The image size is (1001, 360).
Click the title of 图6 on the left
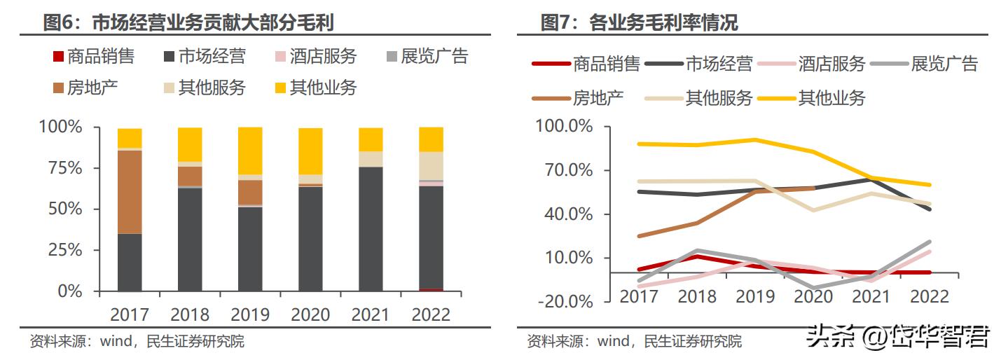[x=188, y=22]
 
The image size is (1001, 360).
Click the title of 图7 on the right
[x=639, y=22]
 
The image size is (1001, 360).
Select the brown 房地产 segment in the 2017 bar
[x=130, y=191]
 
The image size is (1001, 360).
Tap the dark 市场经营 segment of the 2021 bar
[x=371, y=228]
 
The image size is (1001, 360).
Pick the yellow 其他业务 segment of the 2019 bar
[x=250, y=151]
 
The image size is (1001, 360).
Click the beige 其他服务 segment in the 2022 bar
[x=431, y=165]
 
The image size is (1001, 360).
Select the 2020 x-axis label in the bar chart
[x=310, y=313]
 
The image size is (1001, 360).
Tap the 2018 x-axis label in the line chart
[x=697, y=296]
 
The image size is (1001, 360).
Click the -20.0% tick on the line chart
[x=564, y=301]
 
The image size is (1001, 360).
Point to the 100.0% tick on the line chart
[x=564, y=127]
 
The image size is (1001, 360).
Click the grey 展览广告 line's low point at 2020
[x=813, y=287]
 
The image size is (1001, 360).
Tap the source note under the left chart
[x=137, y=342]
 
